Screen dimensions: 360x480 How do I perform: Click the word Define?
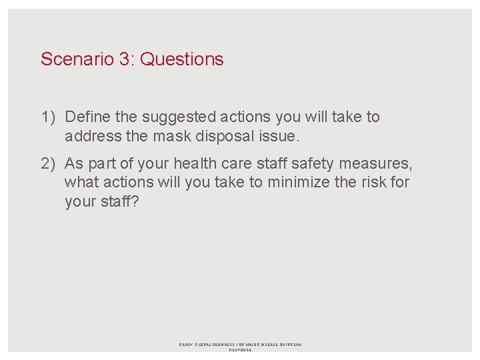(88, 117)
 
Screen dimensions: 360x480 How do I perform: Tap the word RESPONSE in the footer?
(240, 350)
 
